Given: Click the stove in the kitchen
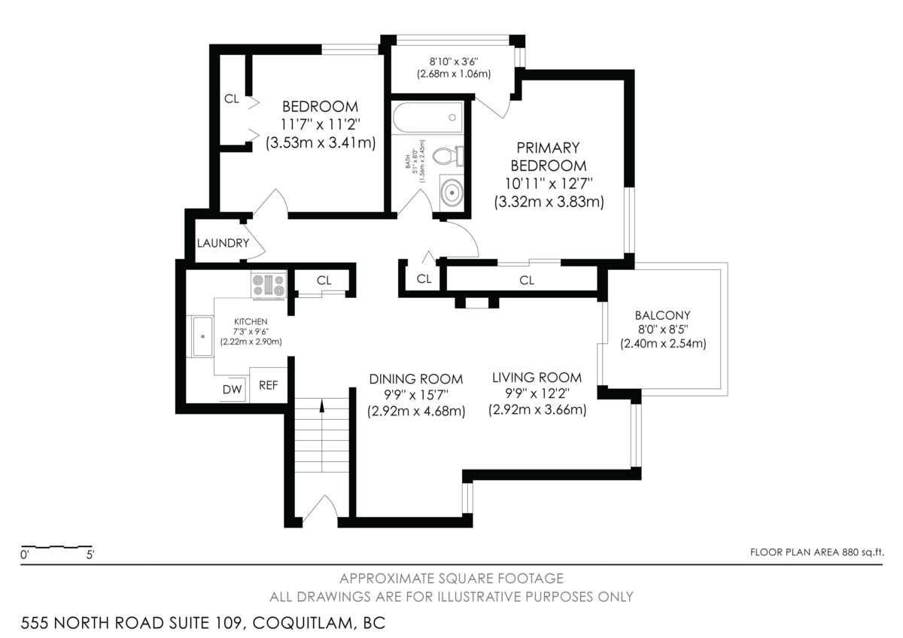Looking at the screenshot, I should point(269,285).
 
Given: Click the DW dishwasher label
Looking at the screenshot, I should point(232,389).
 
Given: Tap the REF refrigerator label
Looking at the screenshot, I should point(269,385).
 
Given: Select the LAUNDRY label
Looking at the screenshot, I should point(223,243).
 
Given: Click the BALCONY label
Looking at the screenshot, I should point(662,315).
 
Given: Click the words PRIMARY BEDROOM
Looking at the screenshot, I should point(548,156).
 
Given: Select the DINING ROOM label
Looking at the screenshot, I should point(415,379).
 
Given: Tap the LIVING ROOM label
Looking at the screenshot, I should point(537,378).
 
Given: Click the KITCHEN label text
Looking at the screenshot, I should point(250,321).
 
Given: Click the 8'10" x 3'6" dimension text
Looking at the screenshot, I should point(454,61).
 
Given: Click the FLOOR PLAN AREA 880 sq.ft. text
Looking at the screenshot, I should point(816,552).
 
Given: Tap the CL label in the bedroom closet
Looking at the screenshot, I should point(232,99).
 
